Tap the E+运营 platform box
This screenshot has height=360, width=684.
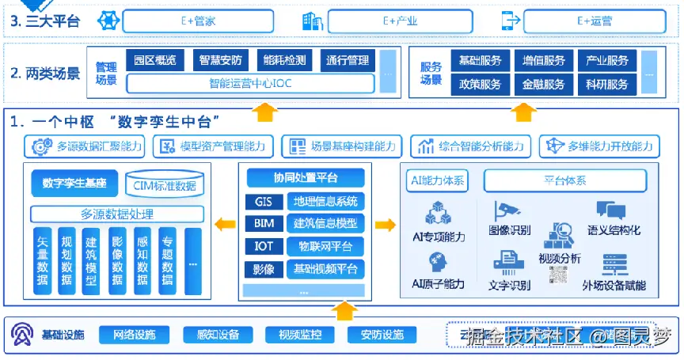point(595,21)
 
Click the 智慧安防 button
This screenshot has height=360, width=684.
point(220,60)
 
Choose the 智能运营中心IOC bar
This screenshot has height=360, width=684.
point(249,83)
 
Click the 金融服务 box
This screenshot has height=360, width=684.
point(543,84)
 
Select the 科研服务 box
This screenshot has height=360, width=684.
point(607,84)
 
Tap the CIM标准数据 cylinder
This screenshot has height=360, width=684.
point(165,185)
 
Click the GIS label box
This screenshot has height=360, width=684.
point(263,202)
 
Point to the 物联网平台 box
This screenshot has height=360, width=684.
point(325,247)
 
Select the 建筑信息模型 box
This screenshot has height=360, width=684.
point(325,224)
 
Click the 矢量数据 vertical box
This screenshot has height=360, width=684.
point(43,261)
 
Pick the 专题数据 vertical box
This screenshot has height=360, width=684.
point(167,261)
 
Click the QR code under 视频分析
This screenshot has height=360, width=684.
point(559,275)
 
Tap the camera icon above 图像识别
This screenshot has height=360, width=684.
point(506,211)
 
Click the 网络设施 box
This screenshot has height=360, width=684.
point(128,335)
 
